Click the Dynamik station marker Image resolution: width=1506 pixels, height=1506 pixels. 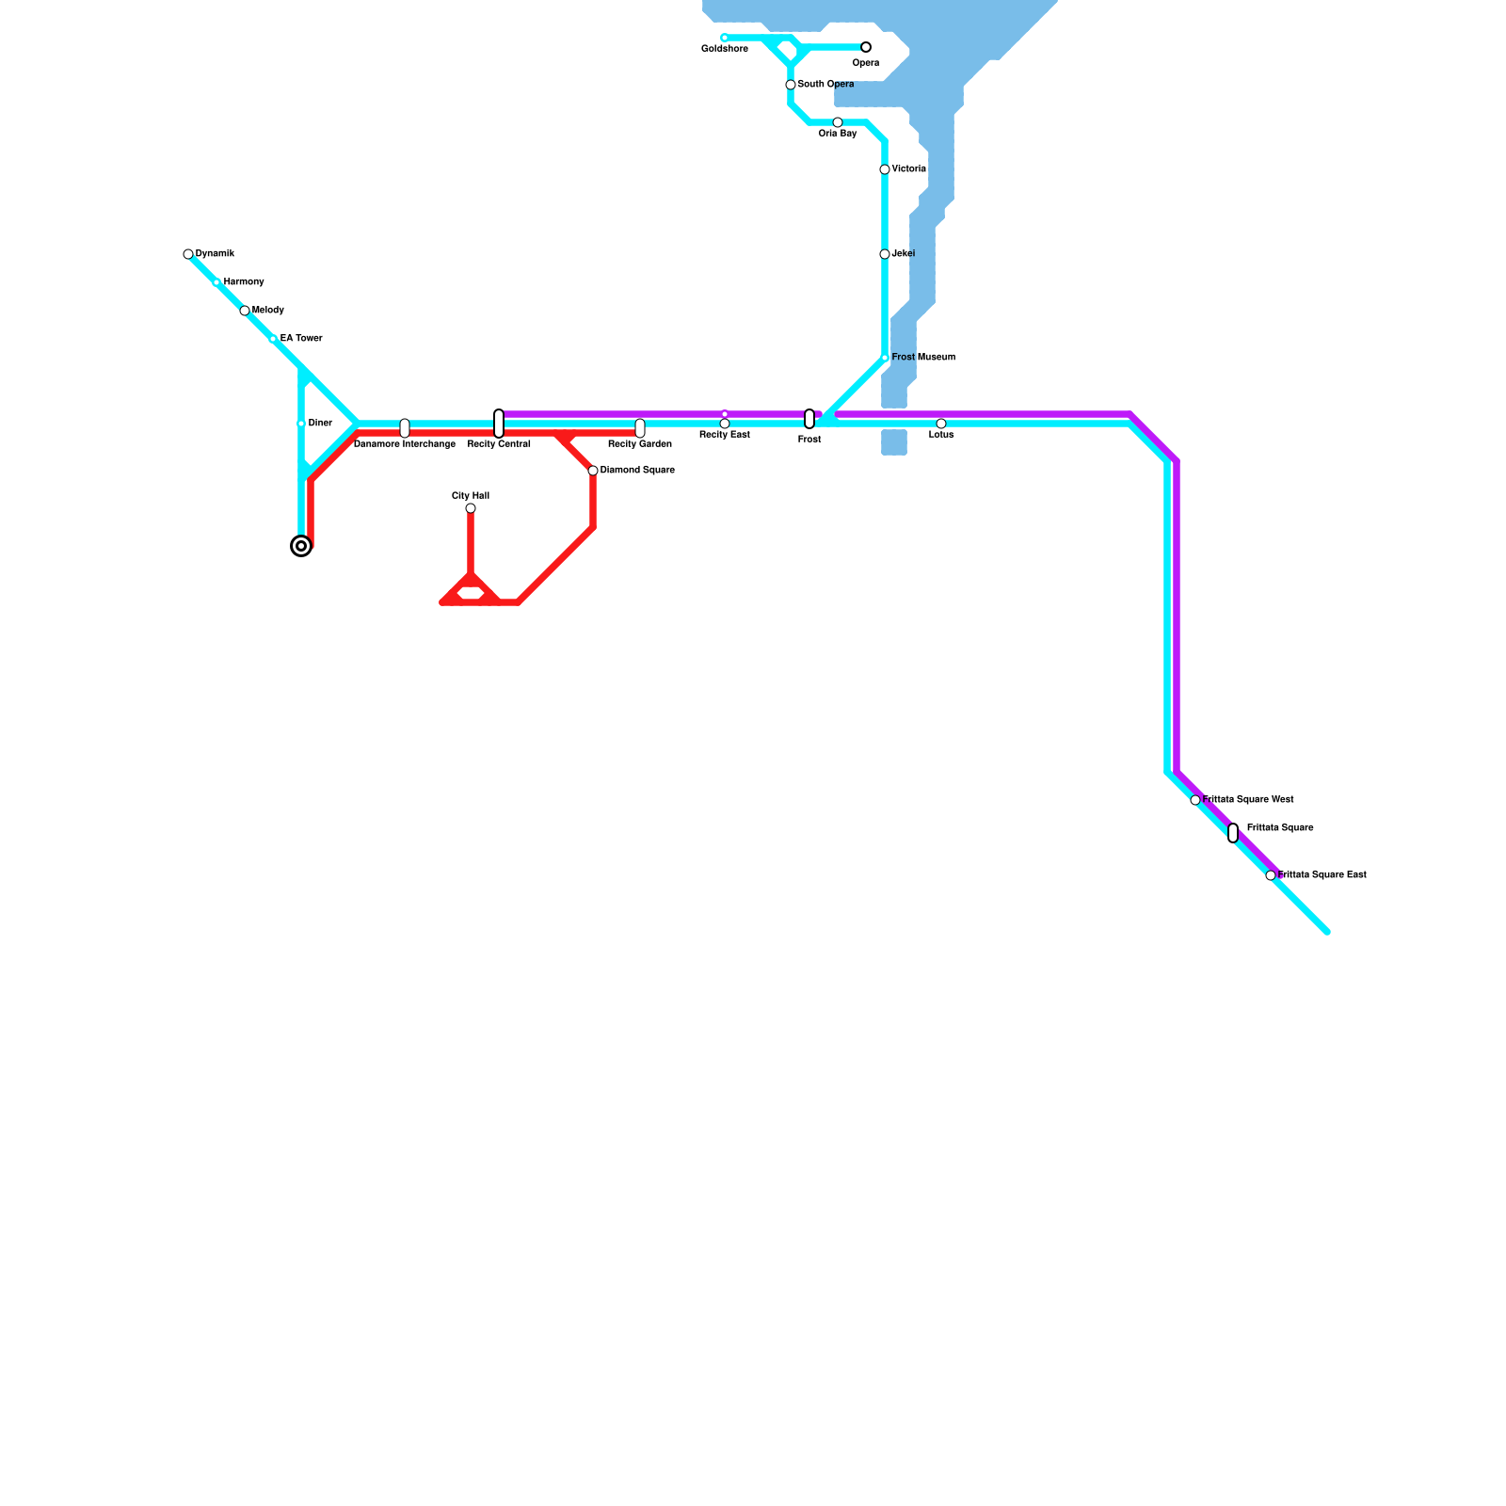[188, 254]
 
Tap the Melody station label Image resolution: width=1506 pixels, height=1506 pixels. [268, 311]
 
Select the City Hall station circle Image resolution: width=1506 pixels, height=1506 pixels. [471, 508]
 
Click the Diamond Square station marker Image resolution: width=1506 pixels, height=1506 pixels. [593, 471]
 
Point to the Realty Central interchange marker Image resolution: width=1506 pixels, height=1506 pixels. [499, 424]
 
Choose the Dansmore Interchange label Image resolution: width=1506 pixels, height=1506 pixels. [405, 444]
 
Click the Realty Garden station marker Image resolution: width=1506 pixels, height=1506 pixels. [640, 428]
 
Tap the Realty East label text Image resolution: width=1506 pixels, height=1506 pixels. [724, 435]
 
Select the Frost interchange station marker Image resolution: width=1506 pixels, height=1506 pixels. [809, 419]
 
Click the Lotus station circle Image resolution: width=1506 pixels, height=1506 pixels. [941, 424]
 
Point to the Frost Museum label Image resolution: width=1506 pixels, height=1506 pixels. [923, 358]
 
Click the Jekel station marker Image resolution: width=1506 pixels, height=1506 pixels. [885, 254]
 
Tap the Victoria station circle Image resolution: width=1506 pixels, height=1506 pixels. [885, 169]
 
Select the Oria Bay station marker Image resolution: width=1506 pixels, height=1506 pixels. [838, 122]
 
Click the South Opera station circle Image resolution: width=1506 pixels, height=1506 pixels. [791, 85]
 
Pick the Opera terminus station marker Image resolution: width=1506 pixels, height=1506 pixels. [866, 47]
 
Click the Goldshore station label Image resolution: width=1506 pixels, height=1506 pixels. [724, 49]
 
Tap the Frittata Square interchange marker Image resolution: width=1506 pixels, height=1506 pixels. [1233, 833]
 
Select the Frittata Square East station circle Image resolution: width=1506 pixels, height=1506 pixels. [1271, 875]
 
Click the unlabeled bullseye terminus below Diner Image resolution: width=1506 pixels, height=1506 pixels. [301, 546]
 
